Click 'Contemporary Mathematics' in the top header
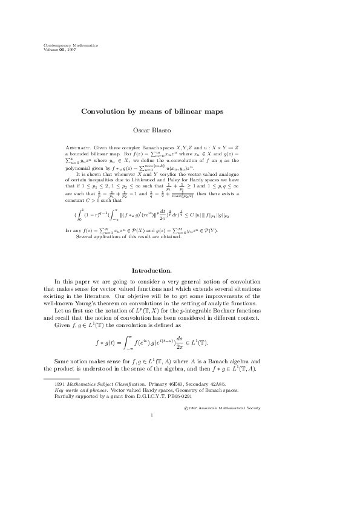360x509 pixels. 71,45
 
